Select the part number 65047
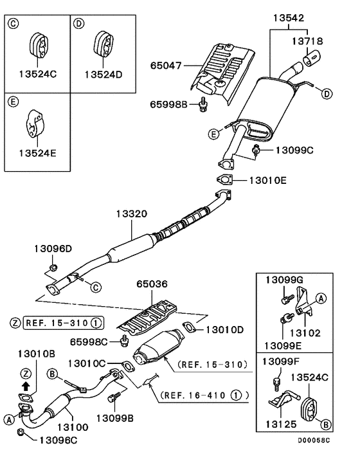[166, 66]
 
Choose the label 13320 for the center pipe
[132, 213]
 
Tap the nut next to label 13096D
[53, 267]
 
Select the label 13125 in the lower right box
[278, 425]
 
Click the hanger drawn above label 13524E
[36, 123]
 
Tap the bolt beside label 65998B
[203, 104]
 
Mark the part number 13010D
[224, 330]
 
